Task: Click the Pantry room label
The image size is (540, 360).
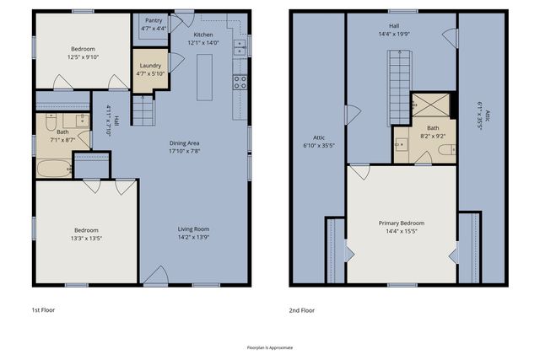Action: (154, 20)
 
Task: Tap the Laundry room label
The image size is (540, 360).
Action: (150, 65)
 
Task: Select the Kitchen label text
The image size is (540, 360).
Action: (202, 35)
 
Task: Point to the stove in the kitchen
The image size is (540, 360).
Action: (240, 83)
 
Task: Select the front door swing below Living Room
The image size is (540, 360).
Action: (155, 275)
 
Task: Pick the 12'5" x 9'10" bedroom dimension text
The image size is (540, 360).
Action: (83, 57)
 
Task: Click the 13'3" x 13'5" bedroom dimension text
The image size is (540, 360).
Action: (86, 239)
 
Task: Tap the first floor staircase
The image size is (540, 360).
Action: (148, 110)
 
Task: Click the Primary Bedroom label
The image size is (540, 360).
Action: (401, 223)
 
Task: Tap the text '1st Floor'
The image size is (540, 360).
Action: (44, 310)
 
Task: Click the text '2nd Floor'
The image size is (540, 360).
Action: (301, 310)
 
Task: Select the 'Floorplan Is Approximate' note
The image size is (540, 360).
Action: (269, 347)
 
